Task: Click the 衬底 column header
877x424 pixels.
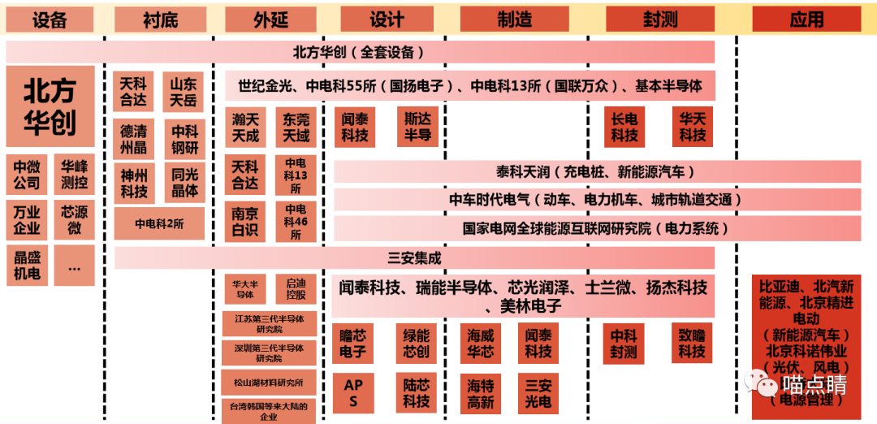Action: (x=159, y=18)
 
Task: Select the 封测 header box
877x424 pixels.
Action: (x=660, y=18)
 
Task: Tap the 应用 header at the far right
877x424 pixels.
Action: (x=806, y=18)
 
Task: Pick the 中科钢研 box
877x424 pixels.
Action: (x=184, y=139)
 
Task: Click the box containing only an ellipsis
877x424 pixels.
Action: (x=74, y=266)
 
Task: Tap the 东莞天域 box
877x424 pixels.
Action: (x=296, y=128)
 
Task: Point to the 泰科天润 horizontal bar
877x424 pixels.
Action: (x=597, y=171)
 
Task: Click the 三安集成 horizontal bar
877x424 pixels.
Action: (x=414, y=258)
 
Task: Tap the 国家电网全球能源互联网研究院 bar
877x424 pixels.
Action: (x=597, y=228)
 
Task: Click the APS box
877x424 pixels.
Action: (x=353, y=393)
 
